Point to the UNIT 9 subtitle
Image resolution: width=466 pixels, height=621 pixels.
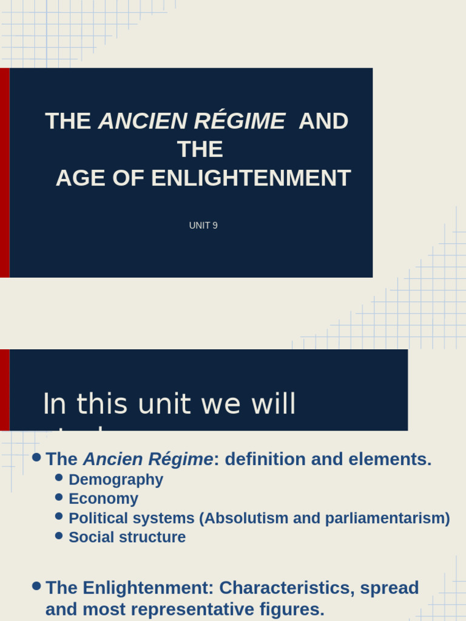[x=203, y=226]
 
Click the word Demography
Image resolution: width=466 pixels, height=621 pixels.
[x=116, y=480]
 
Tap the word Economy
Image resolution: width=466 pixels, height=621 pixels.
[x=103, y=498]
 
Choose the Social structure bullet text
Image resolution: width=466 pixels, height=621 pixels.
[x=127, y=537]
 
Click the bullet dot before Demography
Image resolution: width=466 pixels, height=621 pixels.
[x=59, y=478]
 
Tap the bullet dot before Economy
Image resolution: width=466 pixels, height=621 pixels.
[x=59, y=497]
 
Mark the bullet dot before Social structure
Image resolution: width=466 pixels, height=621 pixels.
[x=59, y=535]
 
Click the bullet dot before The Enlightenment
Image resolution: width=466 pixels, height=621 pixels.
[x=36, y=586]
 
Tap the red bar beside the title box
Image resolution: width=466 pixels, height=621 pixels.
[x=4, y=173]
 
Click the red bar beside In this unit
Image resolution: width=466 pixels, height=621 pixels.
[x=4, y=390]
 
